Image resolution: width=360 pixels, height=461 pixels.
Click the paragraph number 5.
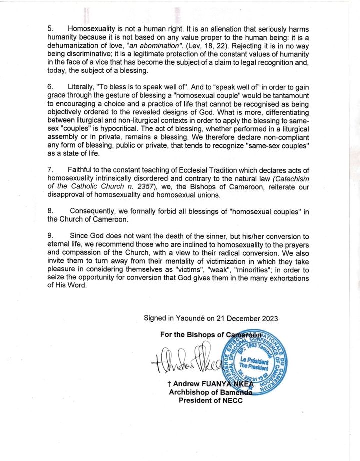point(50,29)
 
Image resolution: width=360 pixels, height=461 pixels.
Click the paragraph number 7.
point(50,171)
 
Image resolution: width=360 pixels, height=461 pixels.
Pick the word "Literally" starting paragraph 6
point(83,86)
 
